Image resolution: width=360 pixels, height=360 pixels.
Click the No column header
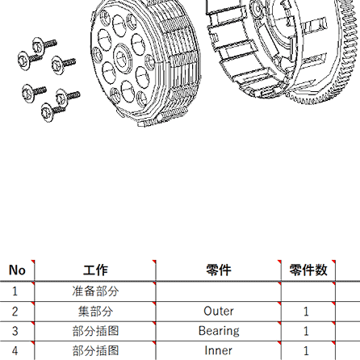pyautogui.click(x=17, y=270)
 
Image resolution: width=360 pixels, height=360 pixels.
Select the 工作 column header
pyautogui.click(x=95, y=270)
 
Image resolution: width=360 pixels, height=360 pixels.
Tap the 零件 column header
pyautogui.click(x=219, y=270)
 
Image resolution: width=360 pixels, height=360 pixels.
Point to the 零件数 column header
pyautogui.click(x=308, y=270)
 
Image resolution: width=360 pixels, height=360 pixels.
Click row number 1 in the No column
pyautogui.click(x=15, y=291)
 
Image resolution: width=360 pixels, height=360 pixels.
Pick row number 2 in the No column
pyautogui.click(x=15, y=312)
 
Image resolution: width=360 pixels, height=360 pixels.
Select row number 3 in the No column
pyautogui.click(x=15, y=331)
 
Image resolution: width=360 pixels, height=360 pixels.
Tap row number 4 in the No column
pyautogui.click(x=15, y=350)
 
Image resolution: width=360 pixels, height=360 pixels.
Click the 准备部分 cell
pyautogui.click(x=95, y=291)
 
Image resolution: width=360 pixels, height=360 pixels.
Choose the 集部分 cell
pyautogui.click(x=95, y=312)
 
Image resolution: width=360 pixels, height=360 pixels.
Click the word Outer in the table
pyautogui.click(x=219, y=312)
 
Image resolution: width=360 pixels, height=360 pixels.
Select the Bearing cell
pyautogui.click(x=219, y=331)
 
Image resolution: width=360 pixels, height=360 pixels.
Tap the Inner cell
pyautogui.click(x=218, y=350)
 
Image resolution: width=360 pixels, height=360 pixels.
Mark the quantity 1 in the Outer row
pyautogui.click(x=306, y=312)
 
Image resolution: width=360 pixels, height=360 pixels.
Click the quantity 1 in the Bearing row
pyautogui.click(x=306, y=331)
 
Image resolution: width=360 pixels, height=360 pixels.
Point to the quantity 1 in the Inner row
pyautogui.click(x=306, y=350)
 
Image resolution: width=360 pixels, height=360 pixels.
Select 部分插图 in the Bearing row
pyautogui.click(x=95, y=331)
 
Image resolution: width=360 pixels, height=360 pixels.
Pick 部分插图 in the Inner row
pyautogui.click(x=95, y=350)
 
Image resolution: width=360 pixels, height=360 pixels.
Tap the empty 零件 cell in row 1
pyautogui.click(x=219, y=291)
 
